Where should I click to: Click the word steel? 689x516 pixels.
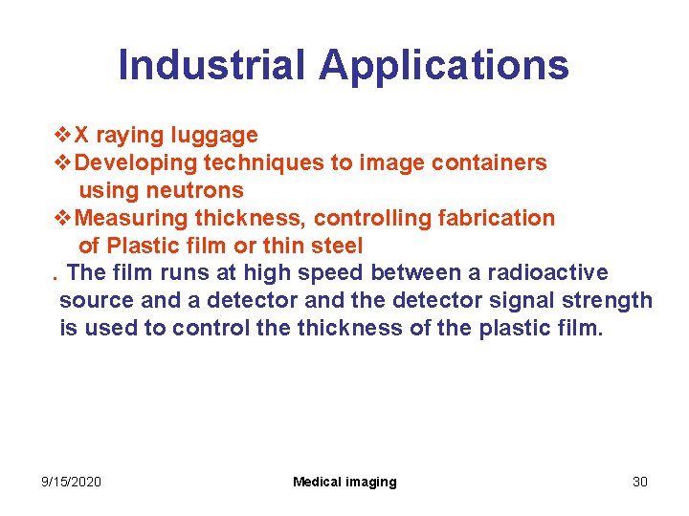[x=337, y=246]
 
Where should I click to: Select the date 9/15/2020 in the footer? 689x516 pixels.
[x=72, y=482]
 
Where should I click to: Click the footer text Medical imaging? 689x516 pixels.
[x=344, y=482]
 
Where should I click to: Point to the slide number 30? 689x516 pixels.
[x=640, y=482]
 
